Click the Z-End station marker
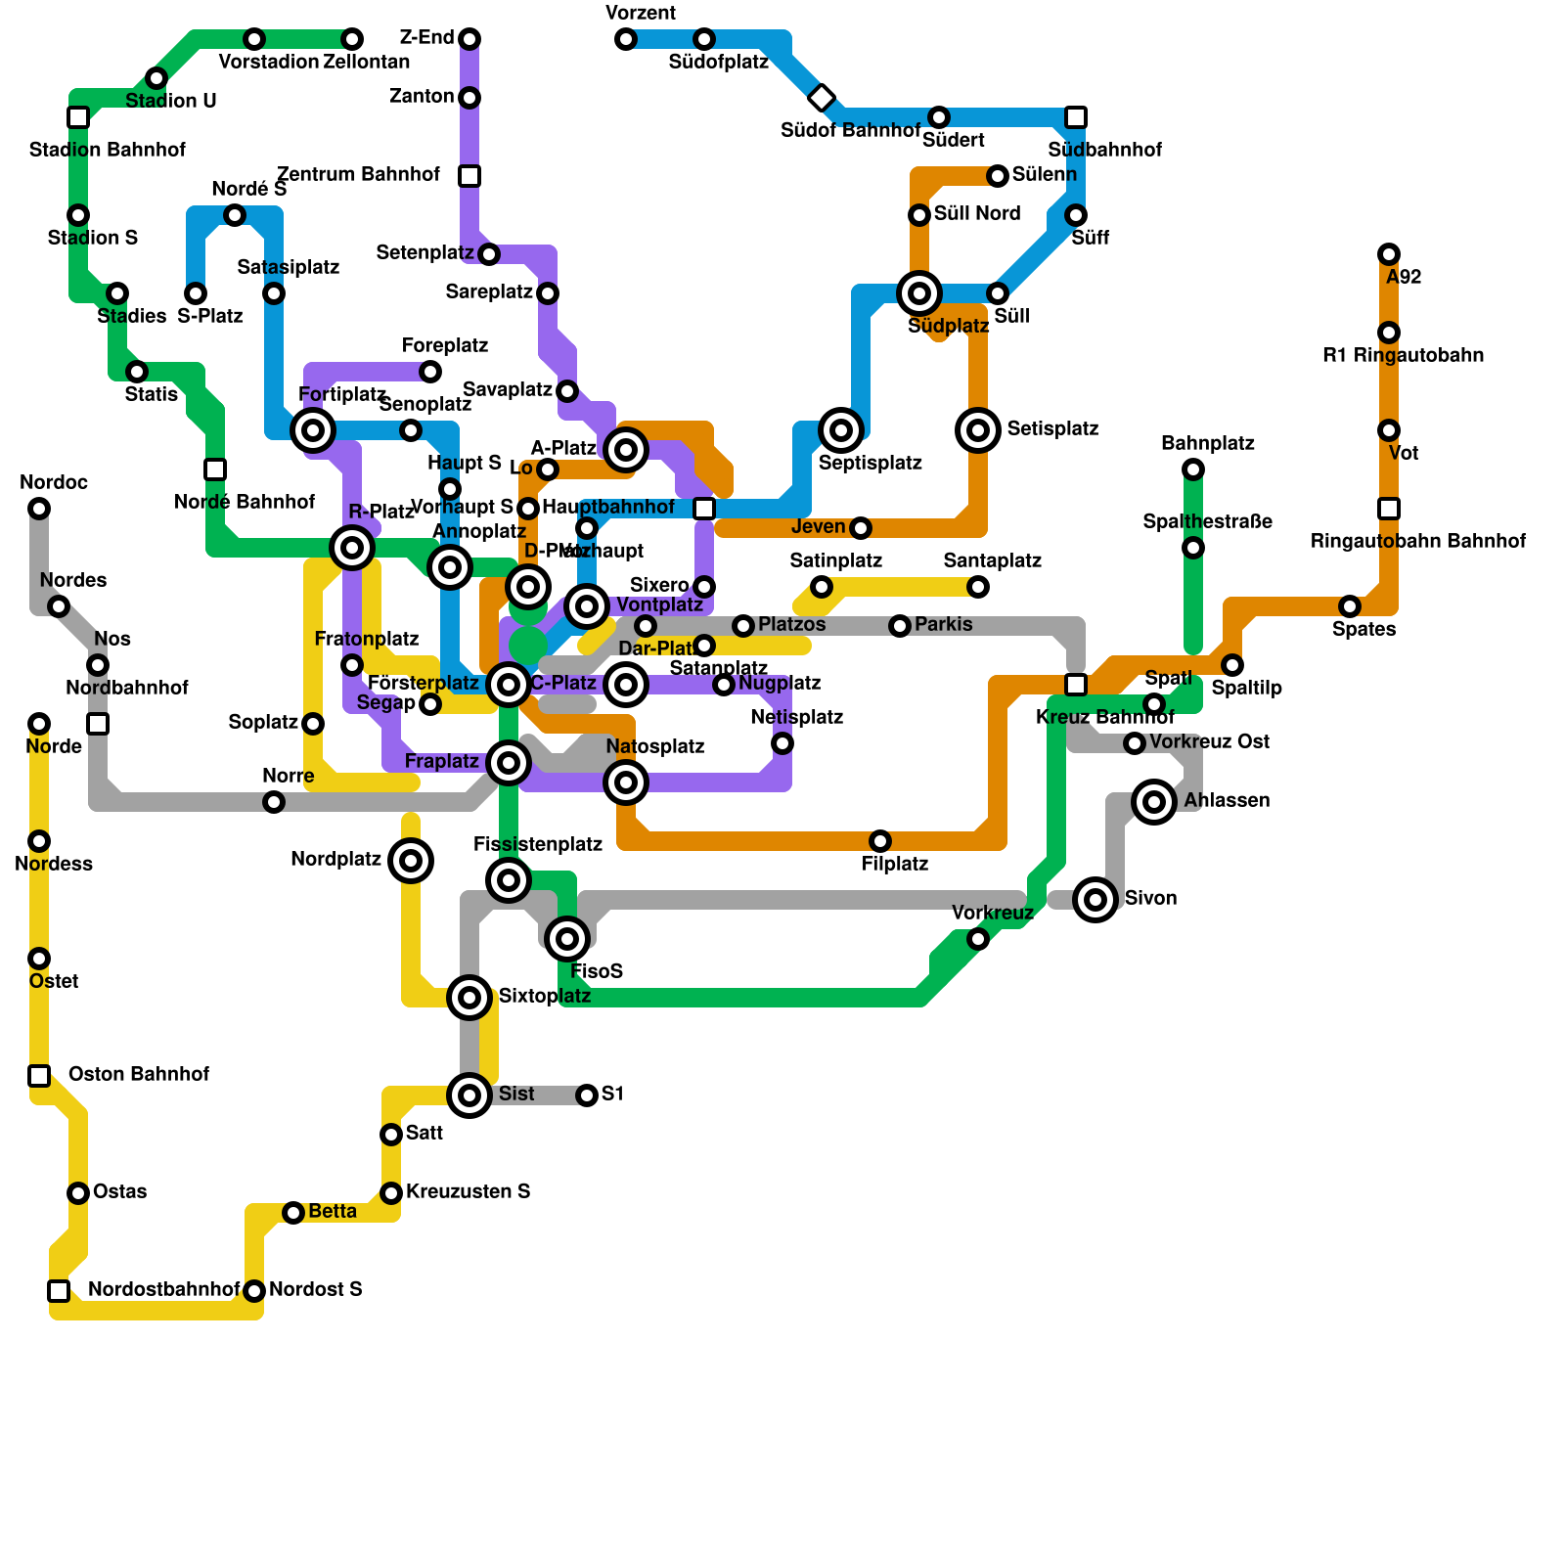(469, 39)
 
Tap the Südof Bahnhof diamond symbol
(822, 98)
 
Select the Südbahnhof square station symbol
(1076, 117)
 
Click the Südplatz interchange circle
(919, 292)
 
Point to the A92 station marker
(1389, 254)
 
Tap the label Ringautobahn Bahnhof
(1417, 541)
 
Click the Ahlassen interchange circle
(1154, 802)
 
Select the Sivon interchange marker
(1095, 900)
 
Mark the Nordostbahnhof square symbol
(59, 1291)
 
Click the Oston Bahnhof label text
(138, 1074)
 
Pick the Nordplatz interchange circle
(411, 861)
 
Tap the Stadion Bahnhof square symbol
(78, 117)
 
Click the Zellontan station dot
(352, 39)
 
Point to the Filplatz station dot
(880, 841)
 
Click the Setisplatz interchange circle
(978, 430)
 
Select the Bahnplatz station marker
(1193, 469)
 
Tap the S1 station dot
(587, 1095)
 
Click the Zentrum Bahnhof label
(358, 174)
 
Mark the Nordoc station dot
(39, 509)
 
